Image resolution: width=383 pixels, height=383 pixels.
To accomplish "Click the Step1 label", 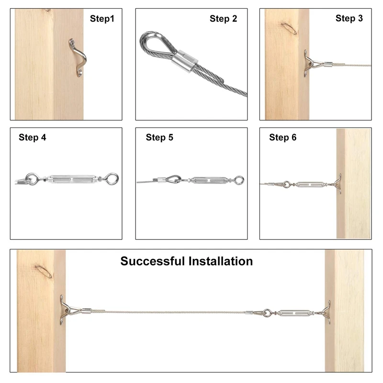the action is click(102, 19).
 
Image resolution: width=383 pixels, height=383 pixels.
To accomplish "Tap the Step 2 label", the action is click(223, 19).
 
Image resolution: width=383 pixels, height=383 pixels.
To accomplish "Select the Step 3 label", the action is click(349, 18).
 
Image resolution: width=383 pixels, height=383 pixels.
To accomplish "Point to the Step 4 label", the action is click(32, 137).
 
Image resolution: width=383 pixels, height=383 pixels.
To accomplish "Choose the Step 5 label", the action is click(159, 137).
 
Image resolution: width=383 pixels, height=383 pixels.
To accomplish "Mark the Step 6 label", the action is click(282, 137).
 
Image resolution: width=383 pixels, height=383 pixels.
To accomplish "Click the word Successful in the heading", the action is click(152, 261).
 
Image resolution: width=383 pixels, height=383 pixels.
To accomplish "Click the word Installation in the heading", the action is click(221, 261).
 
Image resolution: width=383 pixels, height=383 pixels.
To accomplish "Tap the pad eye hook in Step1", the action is click(78, 57).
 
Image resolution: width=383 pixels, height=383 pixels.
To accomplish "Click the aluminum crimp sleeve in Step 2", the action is click(185, 61).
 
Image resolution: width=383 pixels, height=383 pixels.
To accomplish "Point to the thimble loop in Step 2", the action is click(157, 44).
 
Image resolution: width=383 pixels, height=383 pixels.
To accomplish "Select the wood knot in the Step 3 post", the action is click(289, 28).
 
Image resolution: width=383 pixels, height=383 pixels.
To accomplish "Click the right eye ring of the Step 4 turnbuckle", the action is click(112, 179).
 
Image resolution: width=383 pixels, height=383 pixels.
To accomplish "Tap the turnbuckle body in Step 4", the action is click(72, 180).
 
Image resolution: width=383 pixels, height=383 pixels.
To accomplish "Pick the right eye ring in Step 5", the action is click(239, 180).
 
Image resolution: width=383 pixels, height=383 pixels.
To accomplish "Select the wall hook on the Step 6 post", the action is click(338, 184).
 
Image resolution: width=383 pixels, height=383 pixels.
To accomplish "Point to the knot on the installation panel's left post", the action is click(43, 271).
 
